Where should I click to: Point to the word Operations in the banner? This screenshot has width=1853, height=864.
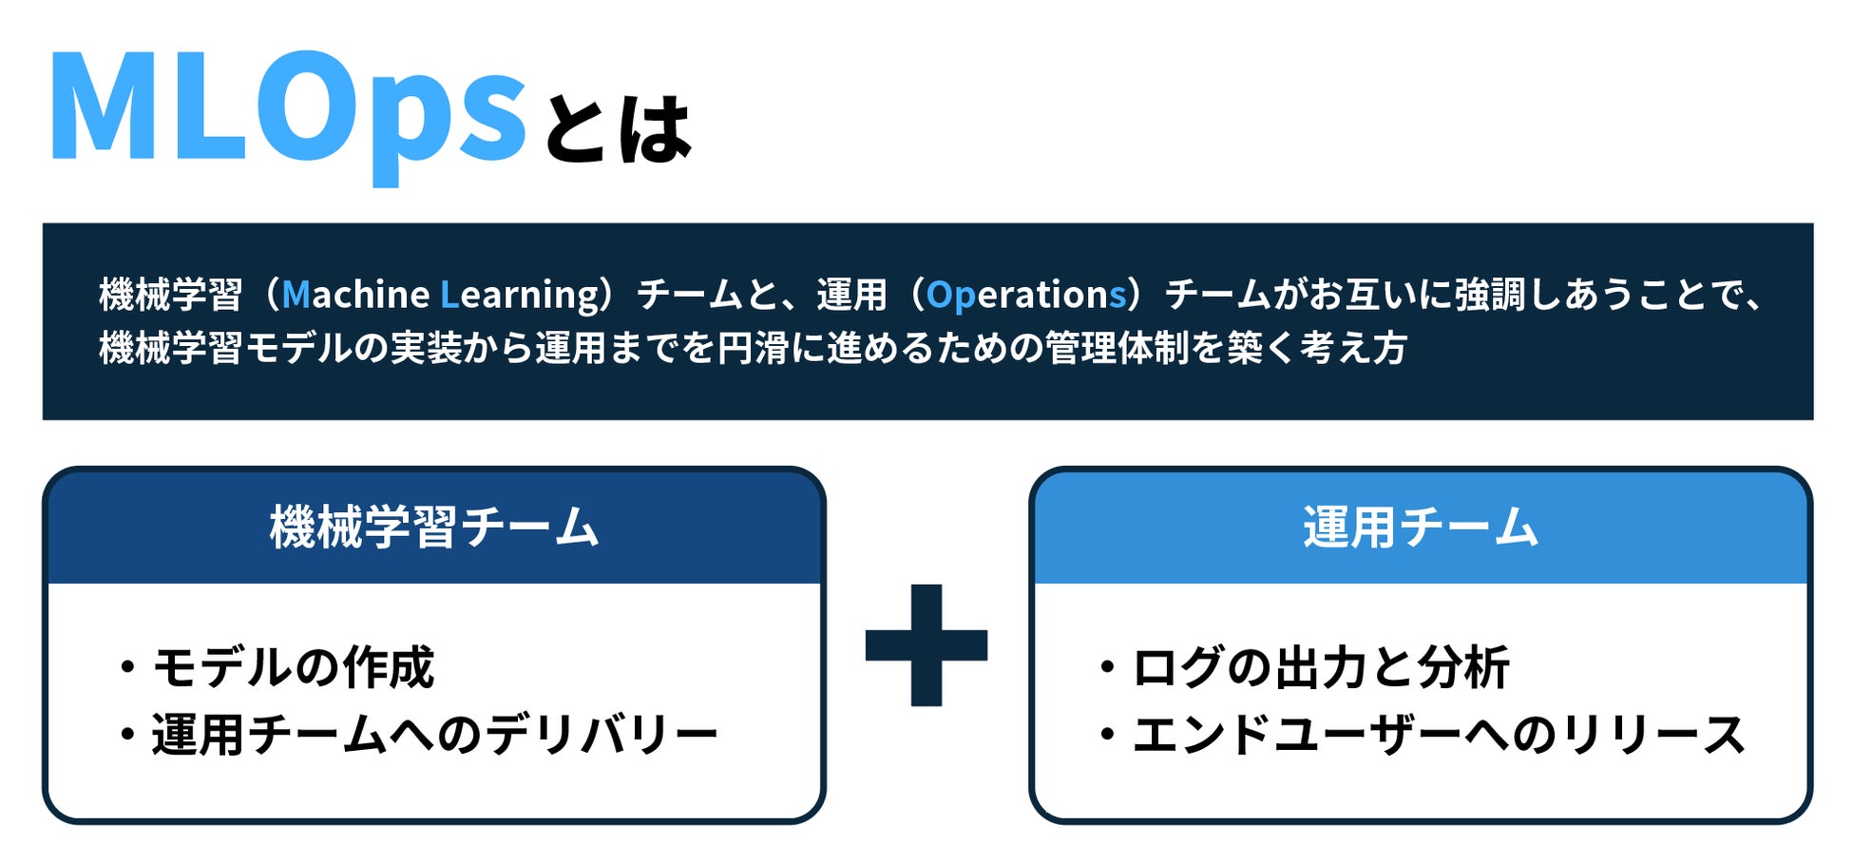1026,295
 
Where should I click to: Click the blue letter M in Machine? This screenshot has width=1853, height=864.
296,295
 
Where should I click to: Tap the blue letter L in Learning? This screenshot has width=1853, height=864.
449,295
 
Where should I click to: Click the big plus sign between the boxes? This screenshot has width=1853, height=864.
926,645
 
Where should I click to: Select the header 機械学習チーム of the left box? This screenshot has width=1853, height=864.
434,528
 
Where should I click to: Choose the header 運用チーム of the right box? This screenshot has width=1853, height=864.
1421,528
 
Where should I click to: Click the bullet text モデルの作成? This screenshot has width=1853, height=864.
294,667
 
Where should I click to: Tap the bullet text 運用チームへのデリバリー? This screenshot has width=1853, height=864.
434,736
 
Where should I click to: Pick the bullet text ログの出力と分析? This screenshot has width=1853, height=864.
1321,667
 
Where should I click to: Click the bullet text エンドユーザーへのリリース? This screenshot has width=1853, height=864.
1439,736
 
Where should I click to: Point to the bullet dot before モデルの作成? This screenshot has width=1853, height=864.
127,667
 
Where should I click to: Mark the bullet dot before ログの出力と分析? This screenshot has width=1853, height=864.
1107,667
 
